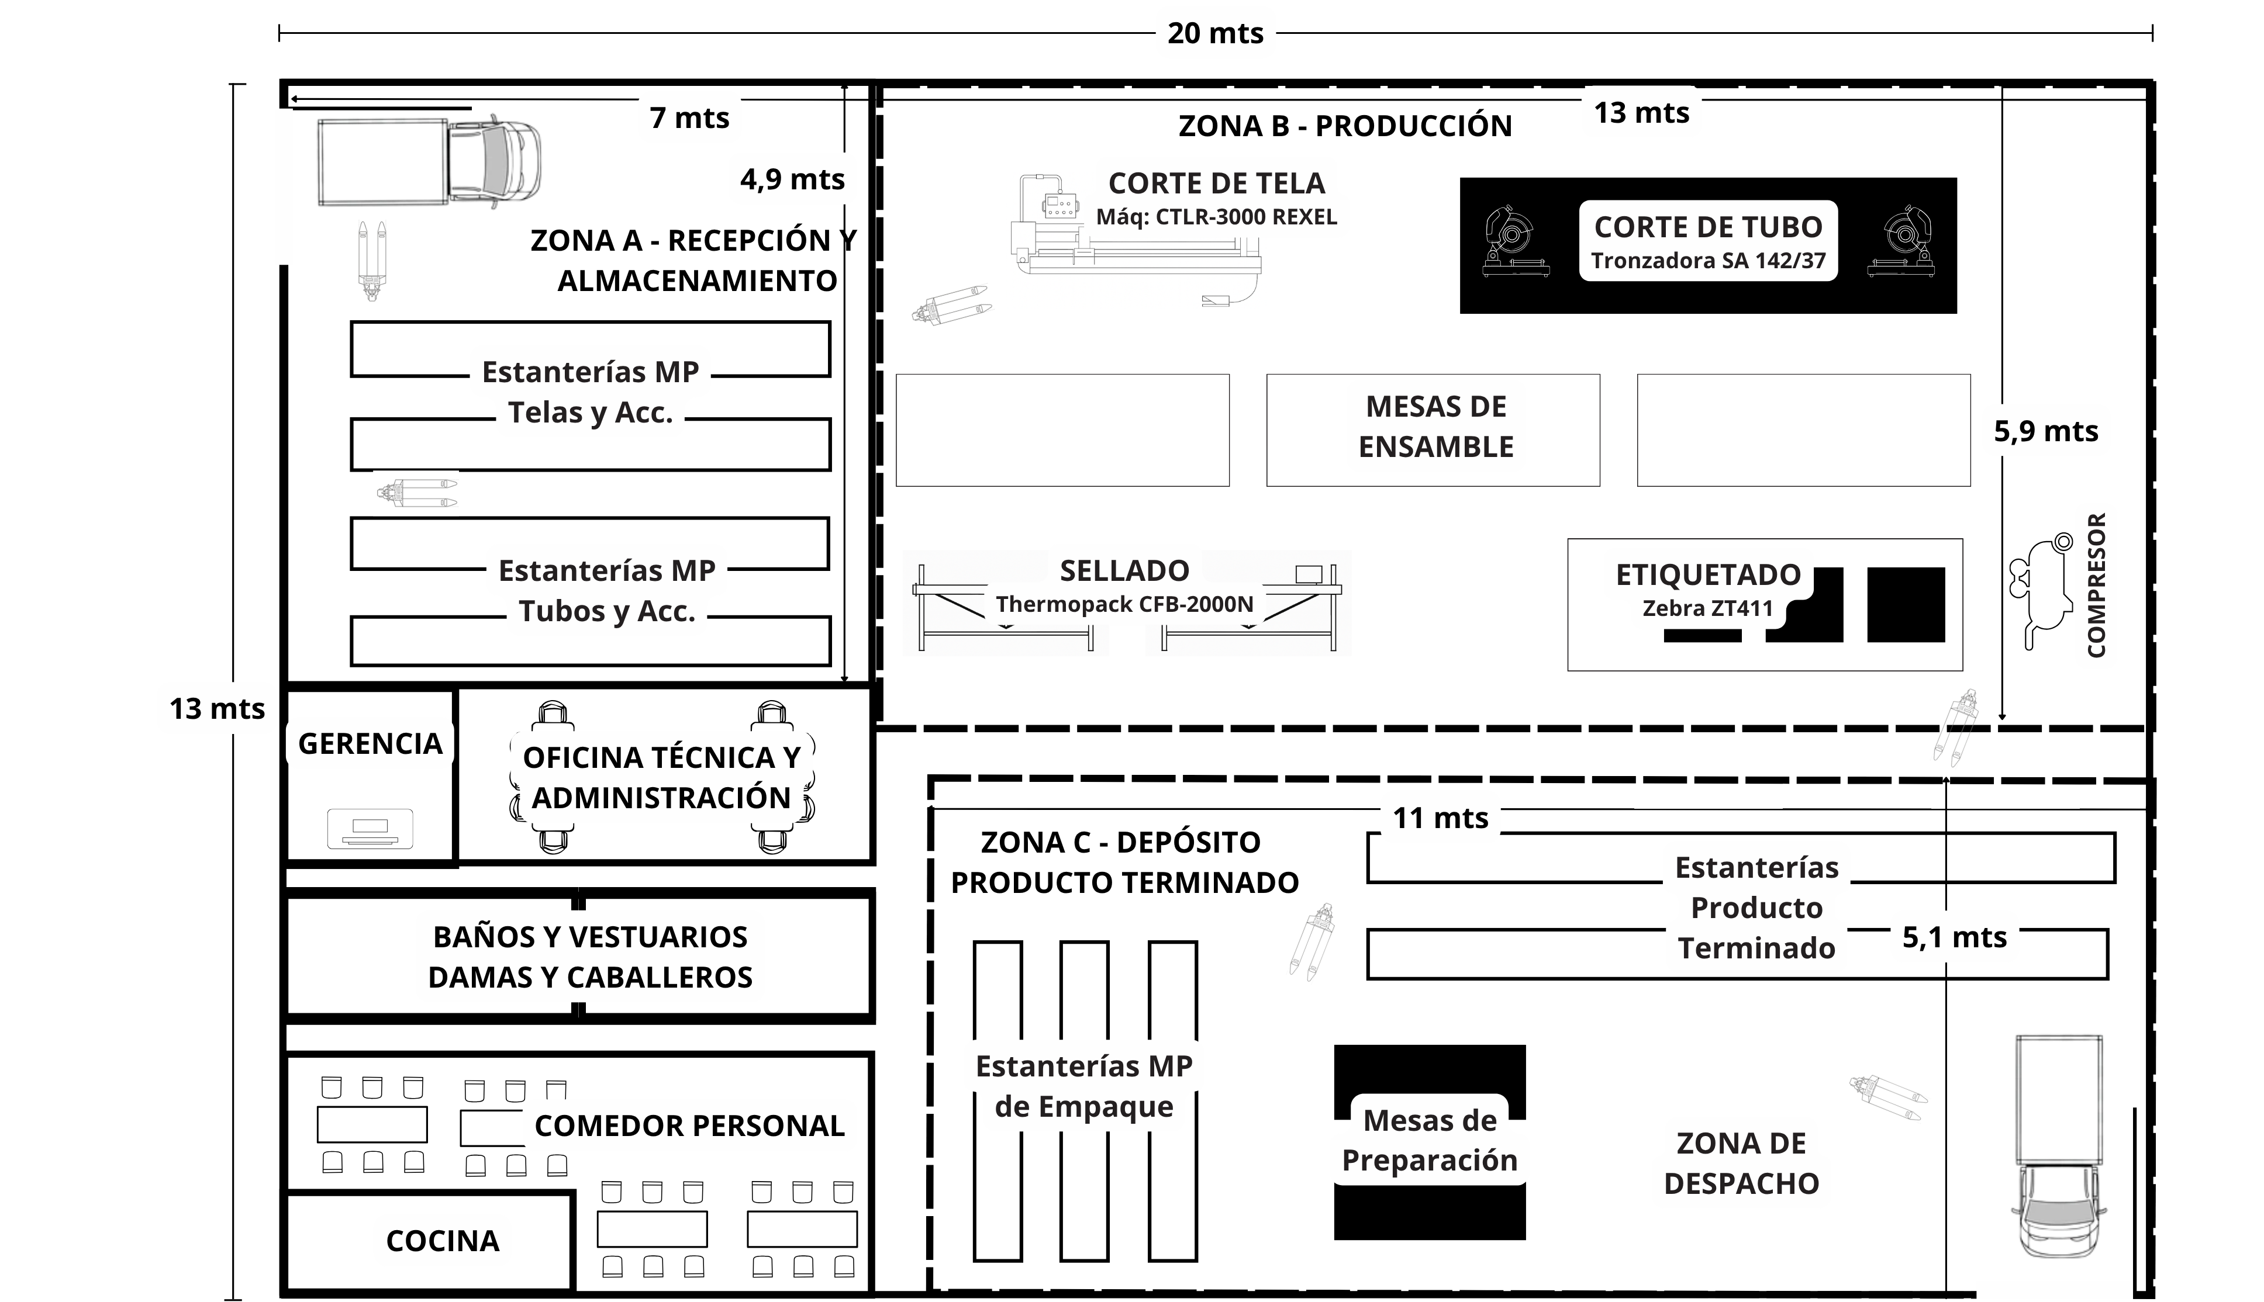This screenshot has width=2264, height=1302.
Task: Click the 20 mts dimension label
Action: point(1215,33)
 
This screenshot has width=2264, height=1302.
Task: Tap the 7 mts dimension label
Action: point(689,117)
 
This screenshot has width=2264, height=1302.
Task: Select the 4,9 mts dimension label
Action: point(792,179)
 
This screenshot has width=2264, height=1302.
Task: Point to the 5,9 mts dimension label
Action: point(2045,431)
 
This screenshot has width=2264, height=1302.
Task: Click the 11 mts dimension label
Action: point(1439,818)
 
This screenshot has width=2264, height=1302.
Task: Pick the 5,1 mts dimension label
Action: point(1954,937)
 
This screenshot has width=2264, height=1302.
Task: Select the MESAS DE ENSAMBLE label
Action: point(1435,427)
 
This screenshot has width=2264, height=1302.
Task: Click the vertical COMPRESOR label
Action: point(2096,586)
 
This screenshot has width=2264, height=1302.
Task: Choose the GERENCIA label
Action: point(370,743)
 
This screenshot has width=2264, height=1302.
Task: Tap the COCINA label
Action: point(442,1240)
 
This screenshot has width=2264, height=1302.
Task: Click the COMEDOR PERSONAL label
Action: point(689,1125)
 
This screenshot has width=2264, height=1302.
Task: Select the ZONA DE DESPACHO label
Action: point(1741,1162)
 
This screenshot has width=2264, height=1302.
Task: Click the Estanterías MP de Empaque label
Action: point(1083,1086)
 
